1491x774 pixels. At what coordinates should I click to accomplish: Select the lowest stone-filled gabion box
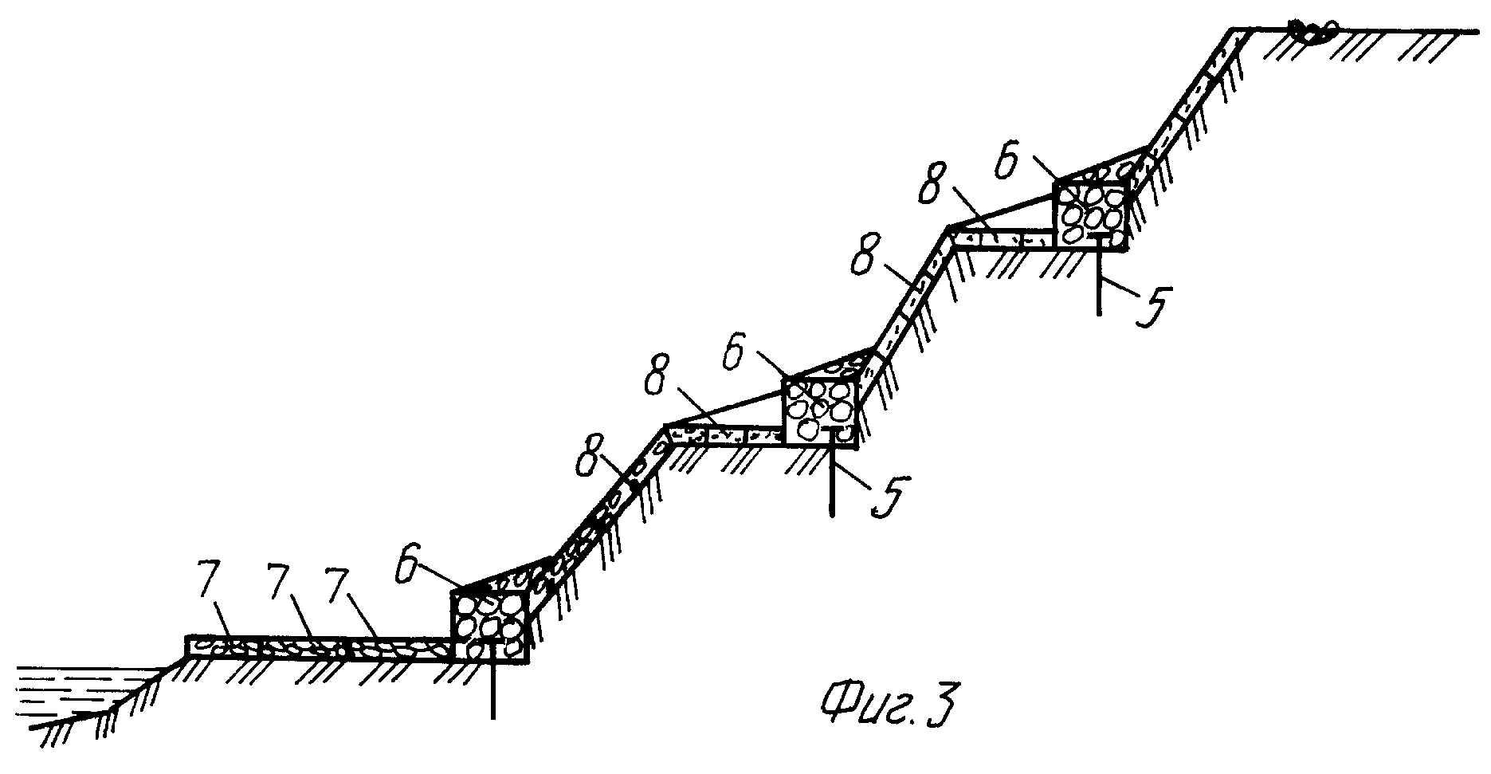click(x=488, y=627)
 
